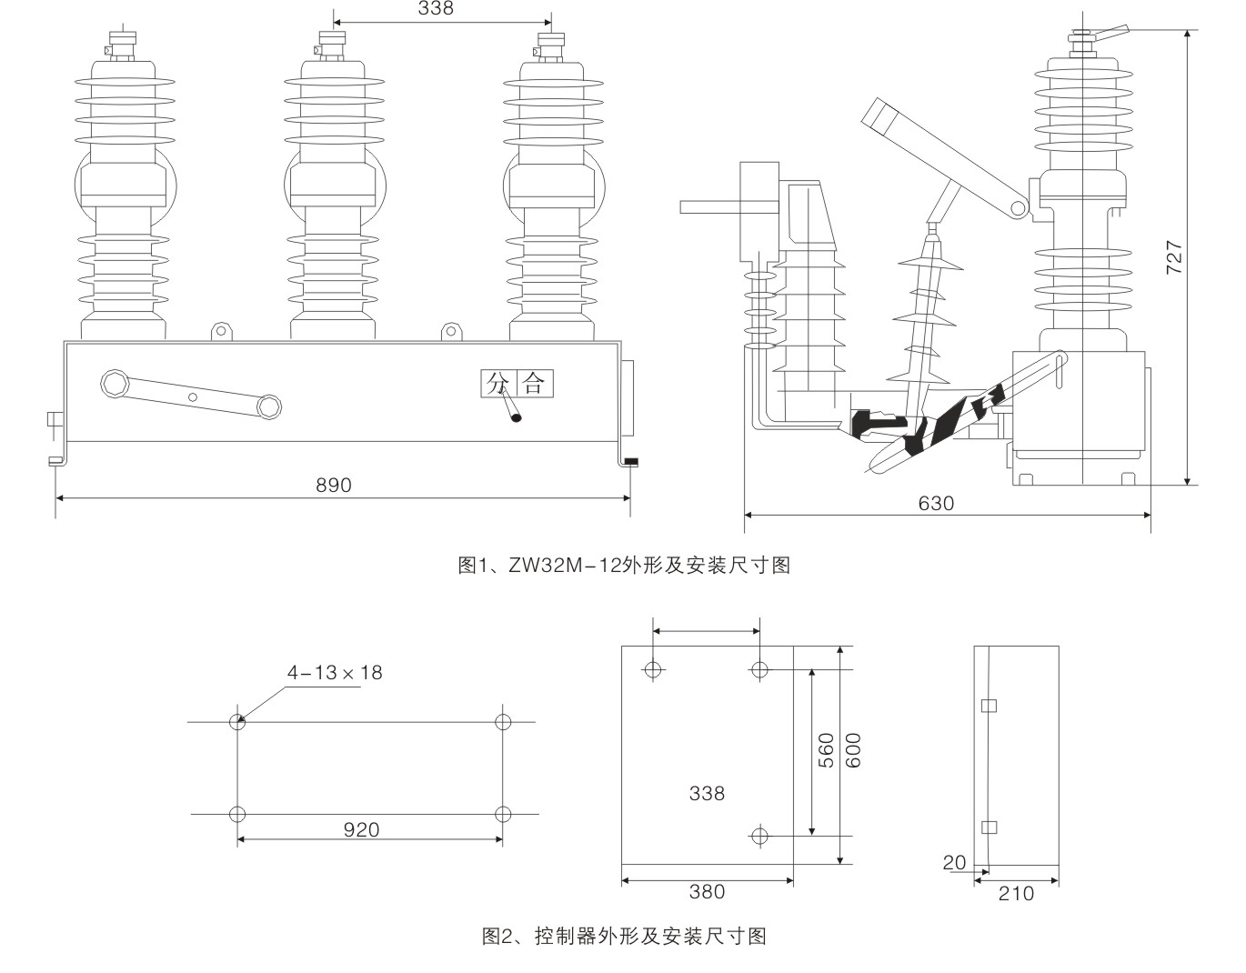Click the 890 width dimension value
coord(333,486)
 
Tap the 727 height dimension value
coord(1174,257)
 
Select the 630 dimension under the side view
coord(936,503)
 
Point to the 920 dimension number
coord(361,829)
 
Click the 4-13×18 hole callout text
coord(335,673)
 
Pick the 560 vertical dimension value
coord(826,750)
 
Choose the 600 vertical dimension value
coord(853,750)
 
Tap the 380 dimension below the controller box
coord(707,891)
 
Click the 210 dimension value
coord(1016,894)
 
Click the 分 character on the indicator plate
coord(496,383)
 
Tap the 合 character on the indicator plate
coord(534,383)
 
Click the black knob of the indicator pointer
coord(517,418)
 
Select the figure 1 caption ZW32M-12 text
coord(623,566)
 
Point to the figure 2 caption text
coord(623,936)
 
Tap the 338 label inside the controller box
coord(707,794)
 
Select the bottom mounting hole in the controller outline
coord(760,835)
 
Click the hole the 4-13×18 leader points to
coord(237,722)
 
